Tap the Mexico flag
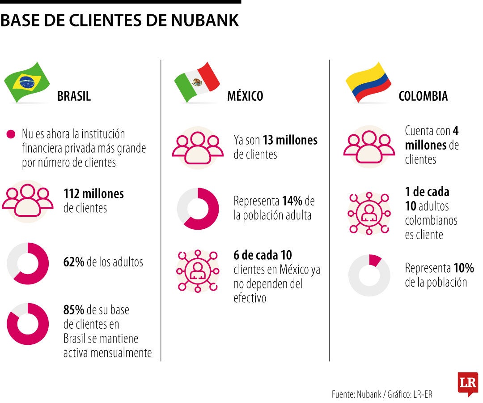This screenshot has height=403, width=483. (x=197, y=82)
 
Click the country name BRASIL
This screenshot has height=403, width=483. (x=74, y=96)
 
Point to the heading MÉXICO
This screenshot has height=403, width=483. (x=245, y=96)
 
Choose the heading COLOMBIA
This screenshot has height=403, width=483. (x=423, y=96)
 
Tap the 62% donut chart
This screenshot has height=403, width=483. (x=28, y=263)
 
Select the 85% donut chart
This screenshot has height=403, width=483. (x=28, y=324)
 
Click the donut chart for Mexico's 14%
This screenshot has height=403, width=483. (x=198, y=209)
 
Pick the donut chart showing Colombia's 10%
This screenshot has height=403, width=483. (x=369, y=275)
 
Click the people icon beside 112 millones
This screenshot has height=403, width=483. (x=28, y=201)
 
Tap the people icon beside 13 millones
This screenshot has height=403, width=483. (x=198, y=147)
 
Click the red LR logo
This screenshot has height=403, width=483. (x=468, y=383)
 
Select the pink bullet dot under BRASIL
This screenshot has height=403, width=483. (x=11, y=134)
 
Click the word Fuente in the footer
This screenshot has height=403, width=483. (x=343, y=394)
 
